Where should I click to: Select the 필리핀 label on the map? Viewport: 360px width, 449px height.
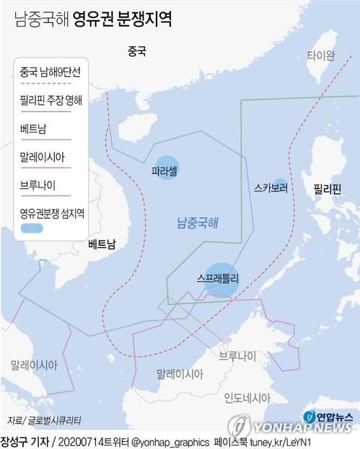(x=326, y=190)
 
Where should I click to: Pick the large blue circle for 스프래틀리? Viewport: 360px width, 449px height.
(x=223, y=277)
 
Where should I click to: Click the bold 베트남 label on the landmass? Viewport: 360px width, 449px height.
(x=101, y=245)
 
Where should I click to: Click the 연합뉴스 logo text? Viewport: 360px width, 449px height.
(x=334, y=416)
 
